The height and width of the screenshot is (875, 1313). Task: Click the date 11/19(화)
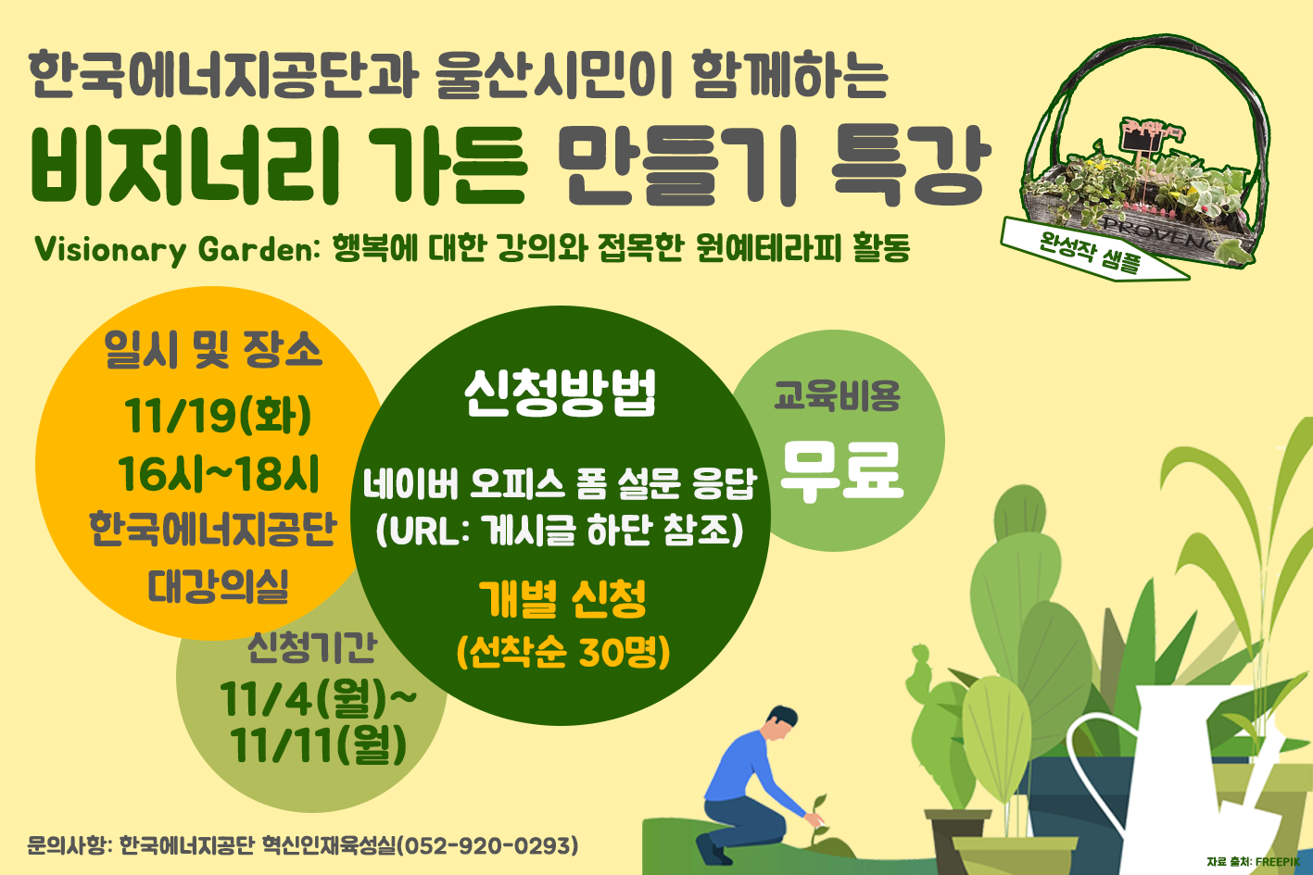[218, 417]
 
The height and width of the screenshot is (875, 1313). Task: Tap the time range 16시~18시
[218, 474]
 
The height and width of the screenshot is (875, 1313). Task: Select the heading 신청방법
[560, 393]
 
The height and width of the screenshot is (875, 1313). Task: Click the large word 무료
[841, 472]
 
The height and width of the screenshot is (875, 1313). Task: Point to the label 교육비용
[837, 395]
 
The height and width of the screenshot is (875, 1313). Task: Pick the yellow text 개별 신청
[562, 598]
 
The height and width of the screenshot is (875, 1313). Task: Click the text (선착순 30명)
[562, 651]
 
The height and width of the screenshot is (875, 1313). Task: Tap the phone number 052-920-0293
[487, 845]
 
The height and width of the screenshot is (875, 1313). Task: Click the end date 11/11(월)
[318, 745]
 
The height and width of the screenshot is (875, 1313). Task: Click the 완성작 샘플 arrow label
[1092, 250]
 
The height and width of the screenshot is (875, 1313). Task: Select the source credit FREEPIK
[1277, 862]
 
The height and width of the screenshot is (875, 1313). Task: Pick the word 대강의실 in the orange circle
[218, 586]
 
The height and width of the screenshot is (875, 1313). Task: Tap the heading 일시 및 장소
[213, 350]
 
